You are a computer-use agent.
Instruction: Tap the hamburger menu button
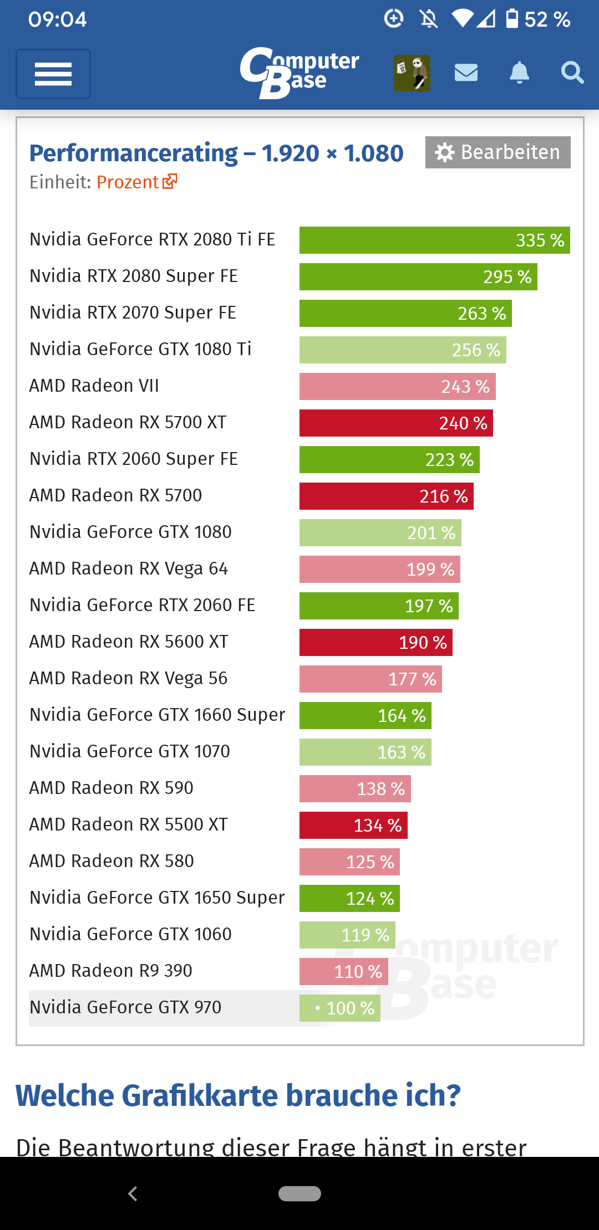[53, 74]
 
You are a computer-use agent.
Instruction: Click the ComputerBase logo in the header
[299, 73]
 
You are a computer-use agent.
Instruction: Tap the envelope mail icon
[466, 73]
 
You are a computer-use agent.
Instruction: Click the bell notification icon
[519, 73]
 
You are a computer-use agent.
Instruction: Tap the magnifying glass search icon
[572, 73]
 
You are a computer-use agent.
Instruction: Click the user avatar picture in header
[412, 73]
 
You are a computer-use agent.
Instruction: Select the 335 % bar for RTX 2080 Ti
[434, 240]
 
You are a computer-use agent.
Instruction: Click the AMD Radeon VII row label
[94, 386]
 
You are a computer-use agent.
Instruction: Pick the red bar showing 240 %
[395, 423]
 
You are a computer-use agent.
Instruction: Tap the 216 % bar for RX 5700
[386, 496]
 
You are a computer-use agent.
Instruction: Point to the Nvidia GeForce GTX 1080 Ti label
[140, 349]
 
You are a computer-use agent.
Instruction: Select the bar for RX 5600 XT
[375, 643]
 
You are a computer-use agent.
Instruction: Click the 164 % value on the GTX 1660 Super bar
[402, 716]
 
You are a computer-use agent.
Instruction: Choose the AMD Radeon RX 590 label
[111, 788]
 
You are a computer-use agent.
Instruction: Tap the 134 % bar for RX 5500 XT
[353, 826]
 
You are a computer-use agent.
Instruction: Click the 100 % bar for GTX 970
[339, 1008]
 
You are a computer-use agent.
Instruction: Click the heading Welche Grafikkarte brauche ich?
[238, 1096]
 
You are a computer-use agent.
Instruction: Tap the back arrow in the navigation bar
[133, 1193]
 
